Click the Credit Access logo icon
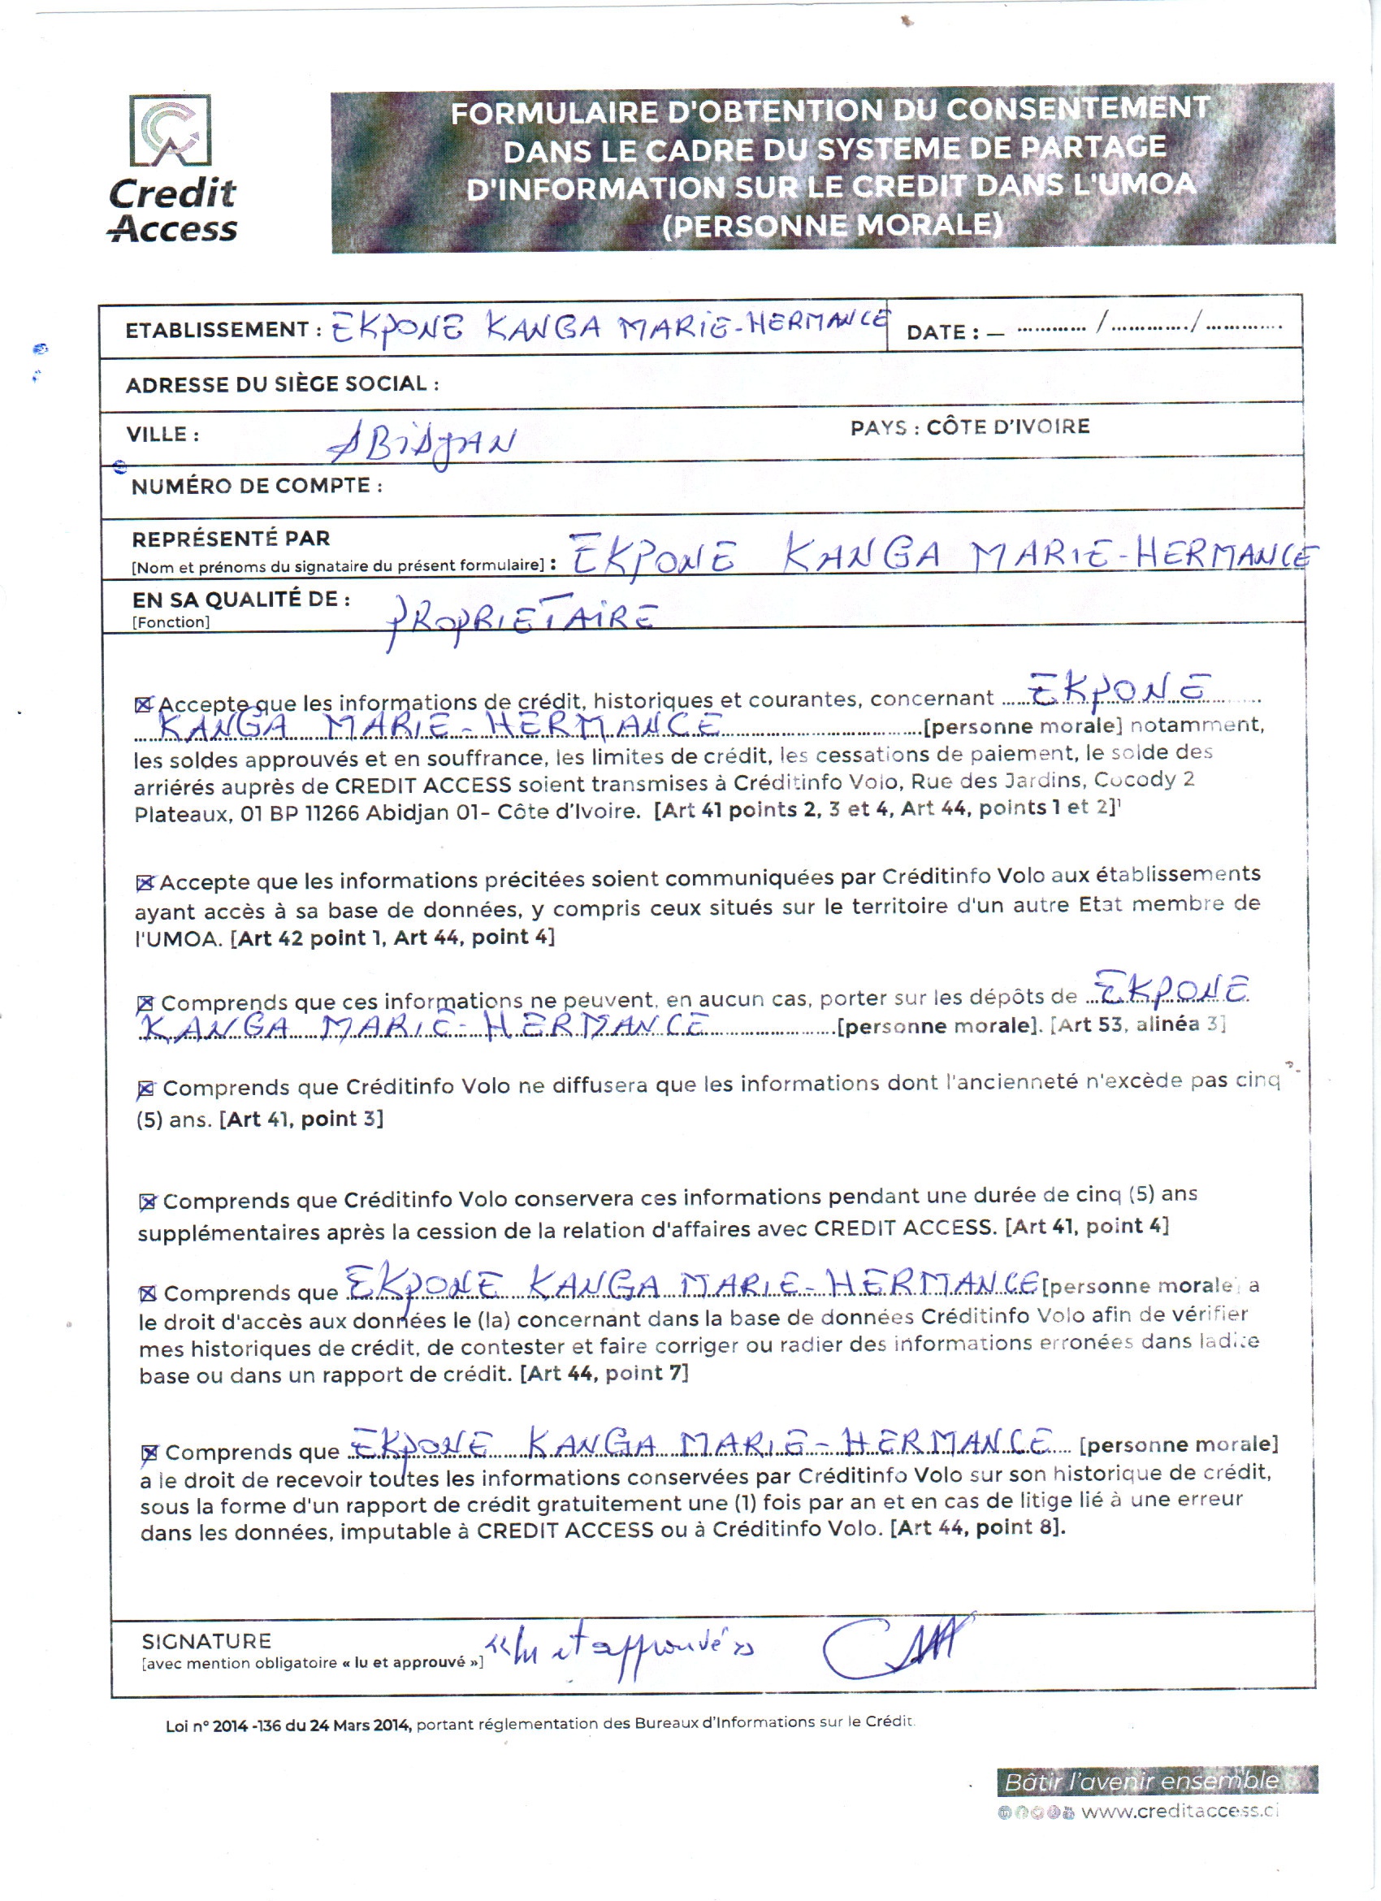pyautogui.click(x=170, y=131)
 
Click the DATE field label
pyautogui.click(x=942, y=333)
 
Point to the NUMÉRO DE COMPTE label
pyautogui.click(x=257, y=486)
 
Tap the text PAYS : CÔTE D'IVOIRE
pyautogui.click(x=970, y=427)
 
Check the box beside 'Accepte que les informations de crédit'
pyautogui.click(x=143, y=705)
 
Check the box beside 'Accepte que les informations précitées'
pyautogui.click(x=145, y=882)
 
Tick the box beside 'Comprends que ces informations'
pyautogui.click(x=145, y=1003)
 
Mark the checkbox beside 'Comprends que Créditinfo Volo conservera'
pyautogui.click(x=149, y=1202)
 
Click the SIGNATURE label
pyautogui.click(x=206, y=1642)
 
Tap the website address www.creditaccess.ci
pyautogui.click(x=1180, y=1812)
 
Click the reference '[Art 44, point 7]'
pyautogui.click(x=604, y=1374)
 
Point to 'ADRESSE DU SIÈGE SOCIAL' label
pyautogui.click(x=283, y=385)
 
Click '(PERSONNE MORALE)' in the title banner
pyautogui.click(x=832, y=226)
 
